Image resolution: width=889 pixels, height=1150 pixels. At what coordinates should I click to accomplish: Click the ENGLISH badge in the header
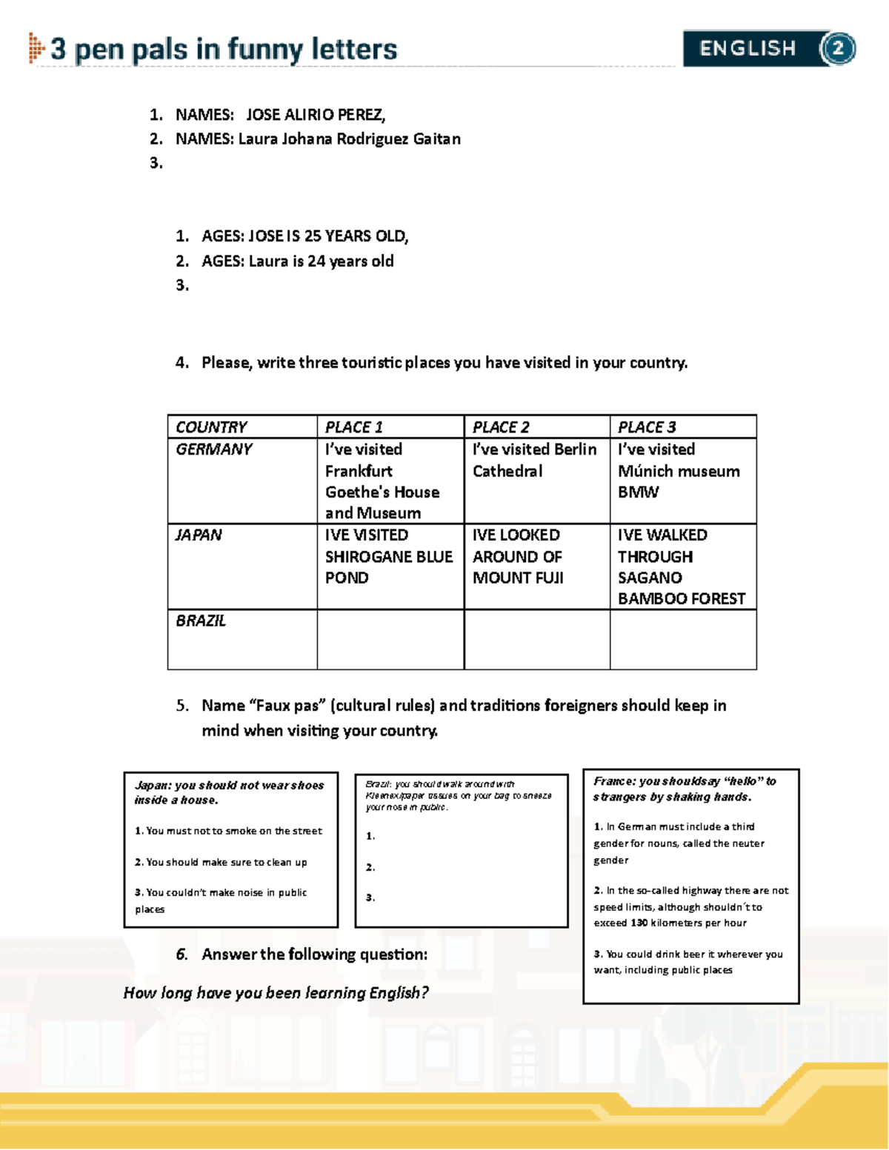(748, 49)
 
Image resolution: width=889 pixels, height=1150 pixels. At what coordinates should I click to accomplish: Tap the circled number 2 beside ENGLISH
(838, 49)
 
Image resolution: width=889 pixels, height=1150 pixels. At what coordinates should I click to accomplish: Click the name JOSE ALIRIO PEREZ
(316, 115)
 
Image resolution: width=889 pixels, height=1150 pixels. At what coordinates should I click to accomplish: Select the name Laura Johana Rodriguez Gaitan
(349, 139)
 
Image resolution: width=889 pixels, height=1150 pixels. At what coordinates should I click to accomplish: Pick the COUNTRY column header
(212, 427)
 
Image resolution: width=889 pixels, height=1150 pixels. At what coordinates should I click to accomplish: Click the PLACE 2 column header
(501, 427)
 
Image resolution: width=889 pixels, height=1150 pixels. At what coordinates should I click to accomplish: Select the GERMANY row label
(214, 449)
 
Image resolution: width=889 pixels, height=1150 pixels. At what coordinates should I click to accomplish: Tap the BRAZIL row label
(201, 621)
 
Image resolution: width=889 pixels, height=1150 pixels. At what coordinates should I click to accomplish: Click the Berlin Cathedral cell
(535, 461)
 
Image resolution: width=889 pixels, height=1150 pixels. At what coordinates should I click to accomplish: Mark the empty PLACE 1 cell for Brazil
(390, 640)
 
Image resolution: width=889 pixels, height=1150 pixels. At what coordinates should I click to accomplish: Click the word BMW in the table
(638, 492)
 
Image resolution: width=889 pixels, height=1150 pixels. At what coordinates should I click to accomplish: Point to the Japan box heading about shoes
(229, 792)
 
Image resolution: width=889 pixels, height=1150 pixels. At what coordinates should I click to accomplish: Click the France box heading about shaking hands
(685, 789)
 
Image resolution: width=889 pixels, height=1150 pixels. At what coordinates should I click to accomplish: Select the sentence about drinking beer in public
(687, 962)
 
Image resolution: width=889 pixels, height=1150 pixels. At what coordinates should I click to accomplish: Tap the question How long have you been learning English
(276, 993)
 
